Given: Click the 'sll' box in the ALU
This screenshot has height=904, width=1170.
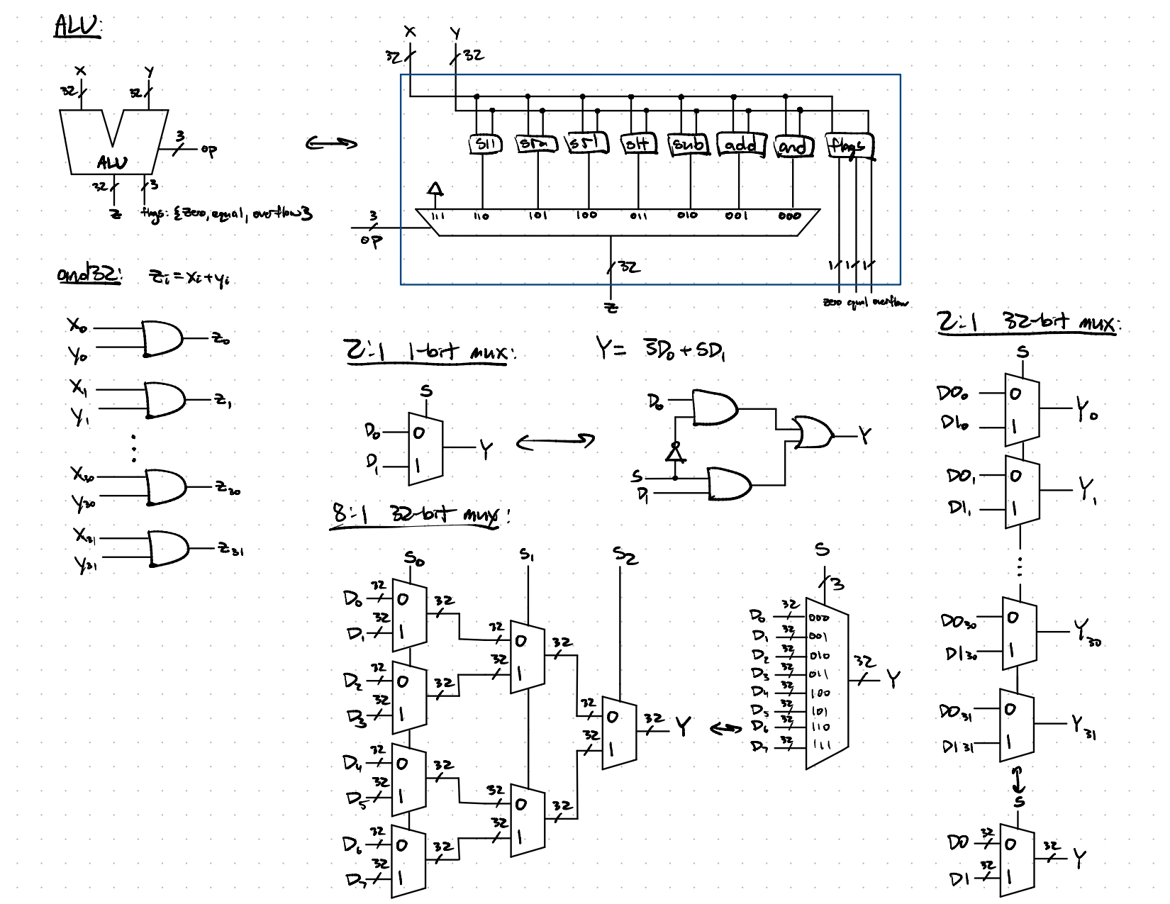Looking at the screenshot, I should coord(486,144).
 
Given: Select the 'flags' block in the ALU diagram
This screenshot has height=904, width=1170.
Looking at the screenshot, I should coord(850,146).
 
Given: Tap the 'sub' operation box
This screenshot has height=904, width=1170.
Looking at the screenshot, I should coord(689,145).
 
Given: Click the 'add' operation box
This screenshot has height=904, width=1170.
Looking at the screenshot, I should coord(740,145).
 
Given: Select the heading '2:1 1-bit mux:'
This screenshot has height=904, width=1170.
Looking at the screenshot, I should coord(428,352).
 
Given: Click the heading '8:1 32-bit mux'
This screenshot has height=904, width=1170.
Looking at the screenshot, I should coord(421,515).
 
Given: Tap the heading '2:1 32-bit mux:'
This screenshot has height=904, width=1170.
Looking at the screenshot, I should coord(1027,325).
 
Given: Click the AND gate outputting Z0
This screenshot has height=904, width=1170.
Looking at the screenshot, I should coord(162,338).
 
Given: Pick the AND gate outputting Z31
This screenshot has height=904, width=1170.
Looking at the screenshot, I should coord(167,548).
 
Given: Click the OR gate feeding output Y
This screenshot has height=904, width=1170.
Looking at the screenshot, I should coord(813,433).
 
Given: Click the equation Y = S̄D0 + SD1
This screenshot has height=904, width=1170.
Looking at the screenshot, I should coord(660,350).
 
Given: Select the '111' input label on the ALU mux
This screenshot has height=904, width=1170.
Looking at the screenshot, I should coord(437,216).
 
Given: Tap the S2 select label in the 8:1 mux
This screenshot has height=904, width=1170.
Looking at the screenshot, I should coord(625,557).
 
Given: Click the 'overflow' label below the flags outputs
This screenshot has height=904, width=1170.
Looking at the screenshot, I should coord(891,303).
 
